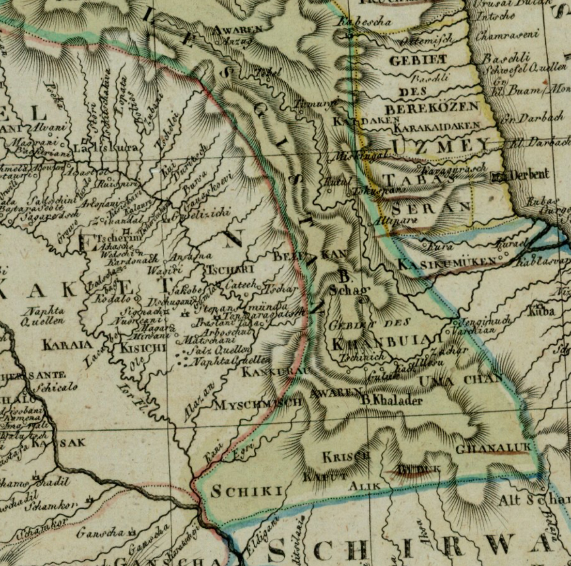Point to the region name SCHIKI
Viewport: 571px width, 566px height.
pyautogui.click(x=247, y=491)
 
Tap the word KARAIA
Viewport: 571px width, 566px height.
pyautogui.click(x=67, y=345)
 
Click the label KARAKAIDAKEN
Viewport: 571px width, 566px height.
pyautogui.click(x=437, y=127)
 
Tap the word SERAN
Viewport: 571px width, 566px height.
pyautogui.click(x=431, y=208)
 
